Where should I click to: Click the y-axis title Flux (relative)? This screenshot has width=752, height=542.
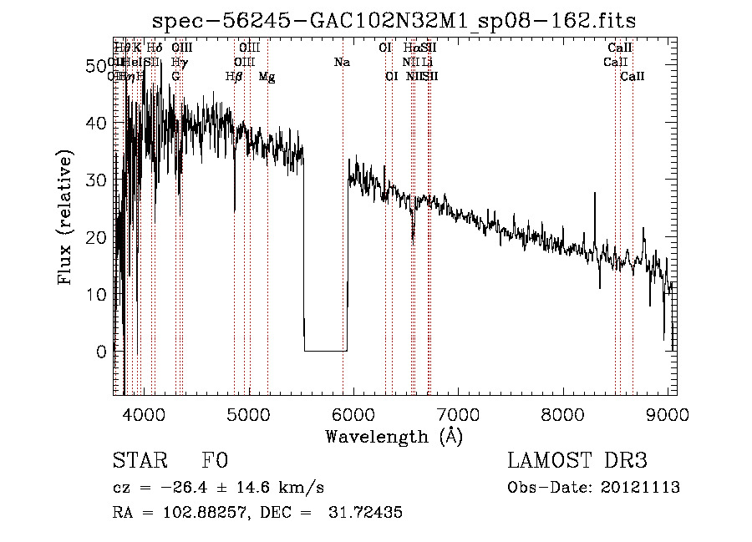(66, 217)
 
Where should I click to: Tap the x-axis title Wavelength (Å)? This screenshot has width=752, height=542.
(394, 435)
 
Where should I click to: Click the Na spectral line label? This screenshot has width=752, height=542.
(342, 62)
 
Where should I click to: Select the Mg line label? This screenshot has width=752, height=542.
(267, 77)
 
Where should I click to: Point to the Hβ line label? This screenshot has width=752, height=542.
(234, 77)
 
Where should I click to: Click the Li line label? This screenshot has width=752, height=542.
(427, 62)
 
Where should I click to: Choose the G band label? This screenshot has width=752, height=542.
(175, 77)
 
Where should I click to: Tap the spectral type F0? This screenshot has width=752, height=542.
(215, 461)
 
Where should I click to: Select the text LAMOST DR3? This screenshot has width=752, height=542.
(577, 461)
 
